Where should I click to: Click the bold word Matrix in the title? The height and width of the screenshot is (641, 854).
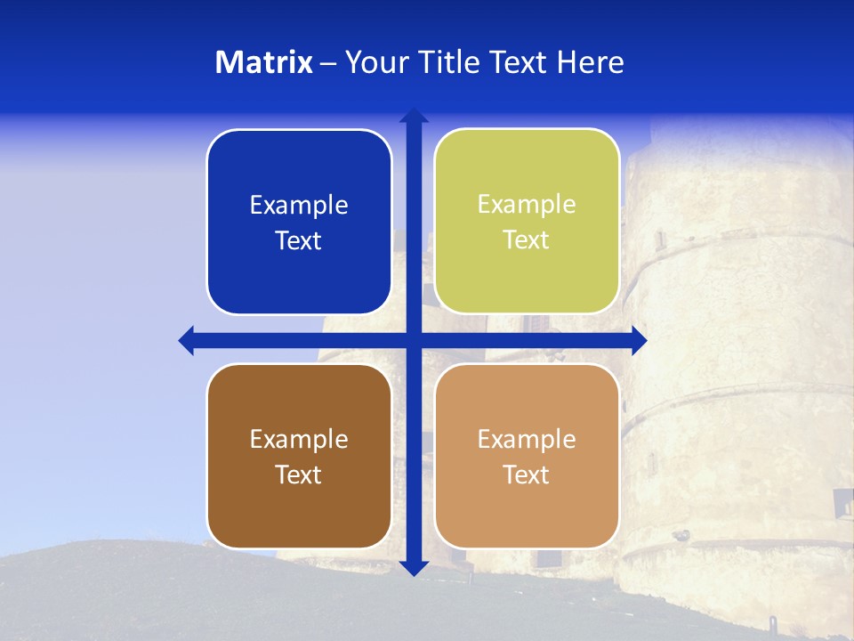pyautogui.click(x=263, y=62)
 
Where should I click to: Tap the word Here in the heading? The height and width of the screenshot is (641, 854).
pyautogui.click(x=591, y=62)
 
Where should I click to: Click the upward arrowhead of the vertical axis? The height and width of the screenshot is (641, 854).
pyautogui.click(x=414, y=116)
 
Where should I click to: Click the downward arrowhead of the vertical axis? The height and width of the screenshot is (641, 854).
pyautogui.click(x=414, y=567)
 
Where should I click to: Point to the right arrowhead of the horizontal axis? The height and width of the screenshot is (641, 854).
pyautogui.click(x=639, y=340)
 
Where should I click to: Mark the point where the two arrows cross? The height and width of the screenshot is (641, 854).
pyautogui.click(x=414, y=340)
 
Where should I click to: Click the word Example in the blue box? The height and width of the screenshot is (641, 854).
pyautogui.click(x=299, y=206)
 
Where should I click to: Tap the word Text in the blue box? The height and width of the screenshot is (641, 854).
pyautogui.click(x=298, y=241)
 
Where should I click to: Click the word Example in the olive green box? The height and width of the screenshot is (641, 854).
pyautogui.click(x=527, y=205)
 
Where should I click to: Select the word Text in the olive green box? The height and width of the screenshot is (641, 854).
pyautogui.click(x=526, y=240)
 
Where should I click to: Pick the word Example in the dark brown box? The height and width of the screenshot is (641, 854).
pyautogui.click(x=299, y=440)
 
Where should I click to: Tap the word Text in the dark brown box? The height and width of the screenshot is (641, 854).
pyautogui.click(x=298, y=475)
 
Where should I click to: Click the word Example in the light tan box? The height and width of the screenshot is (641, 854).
pyautogui.click(x=527, y=440)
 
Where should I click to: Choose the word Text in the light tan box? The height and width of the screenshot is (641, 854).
pyautogui.click(x=526, y=475)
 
